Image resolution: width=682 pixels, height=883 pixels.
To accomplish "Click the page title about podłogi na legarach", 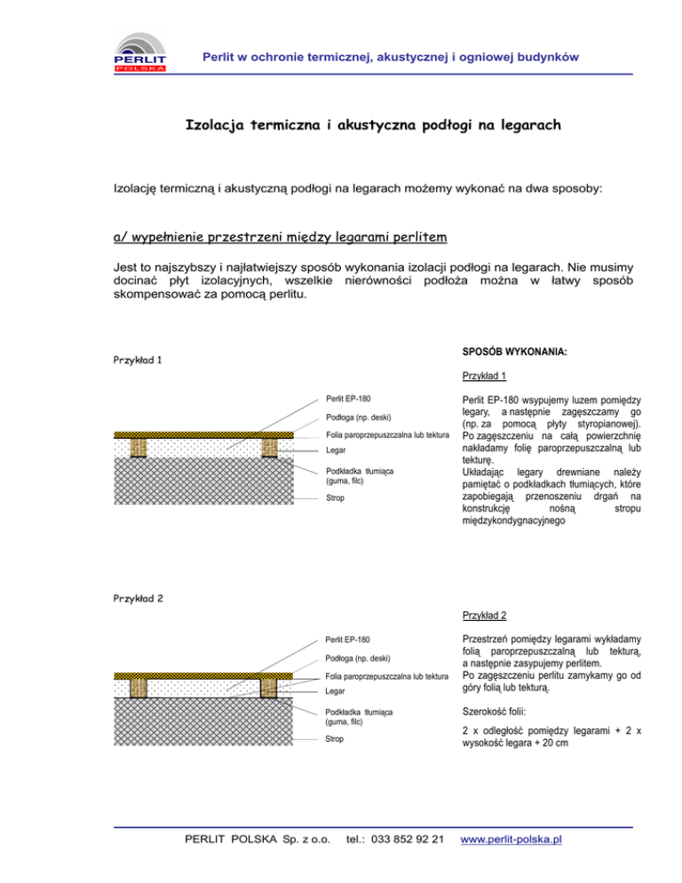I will pos(372,126).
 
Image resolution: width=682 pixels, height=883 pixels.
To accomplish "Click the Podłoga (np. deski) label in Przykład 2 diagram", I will pos(358,658).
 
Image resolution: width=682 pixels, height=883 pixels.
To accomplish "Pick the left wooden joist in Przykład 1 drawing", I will pos(138,447).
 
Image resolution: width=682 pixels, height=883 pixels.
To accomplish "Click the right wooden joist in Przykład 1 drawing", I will pos(269,447).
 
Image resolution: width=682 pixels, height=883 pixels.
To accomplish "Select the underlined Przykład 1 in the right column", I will pos(484,376).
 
